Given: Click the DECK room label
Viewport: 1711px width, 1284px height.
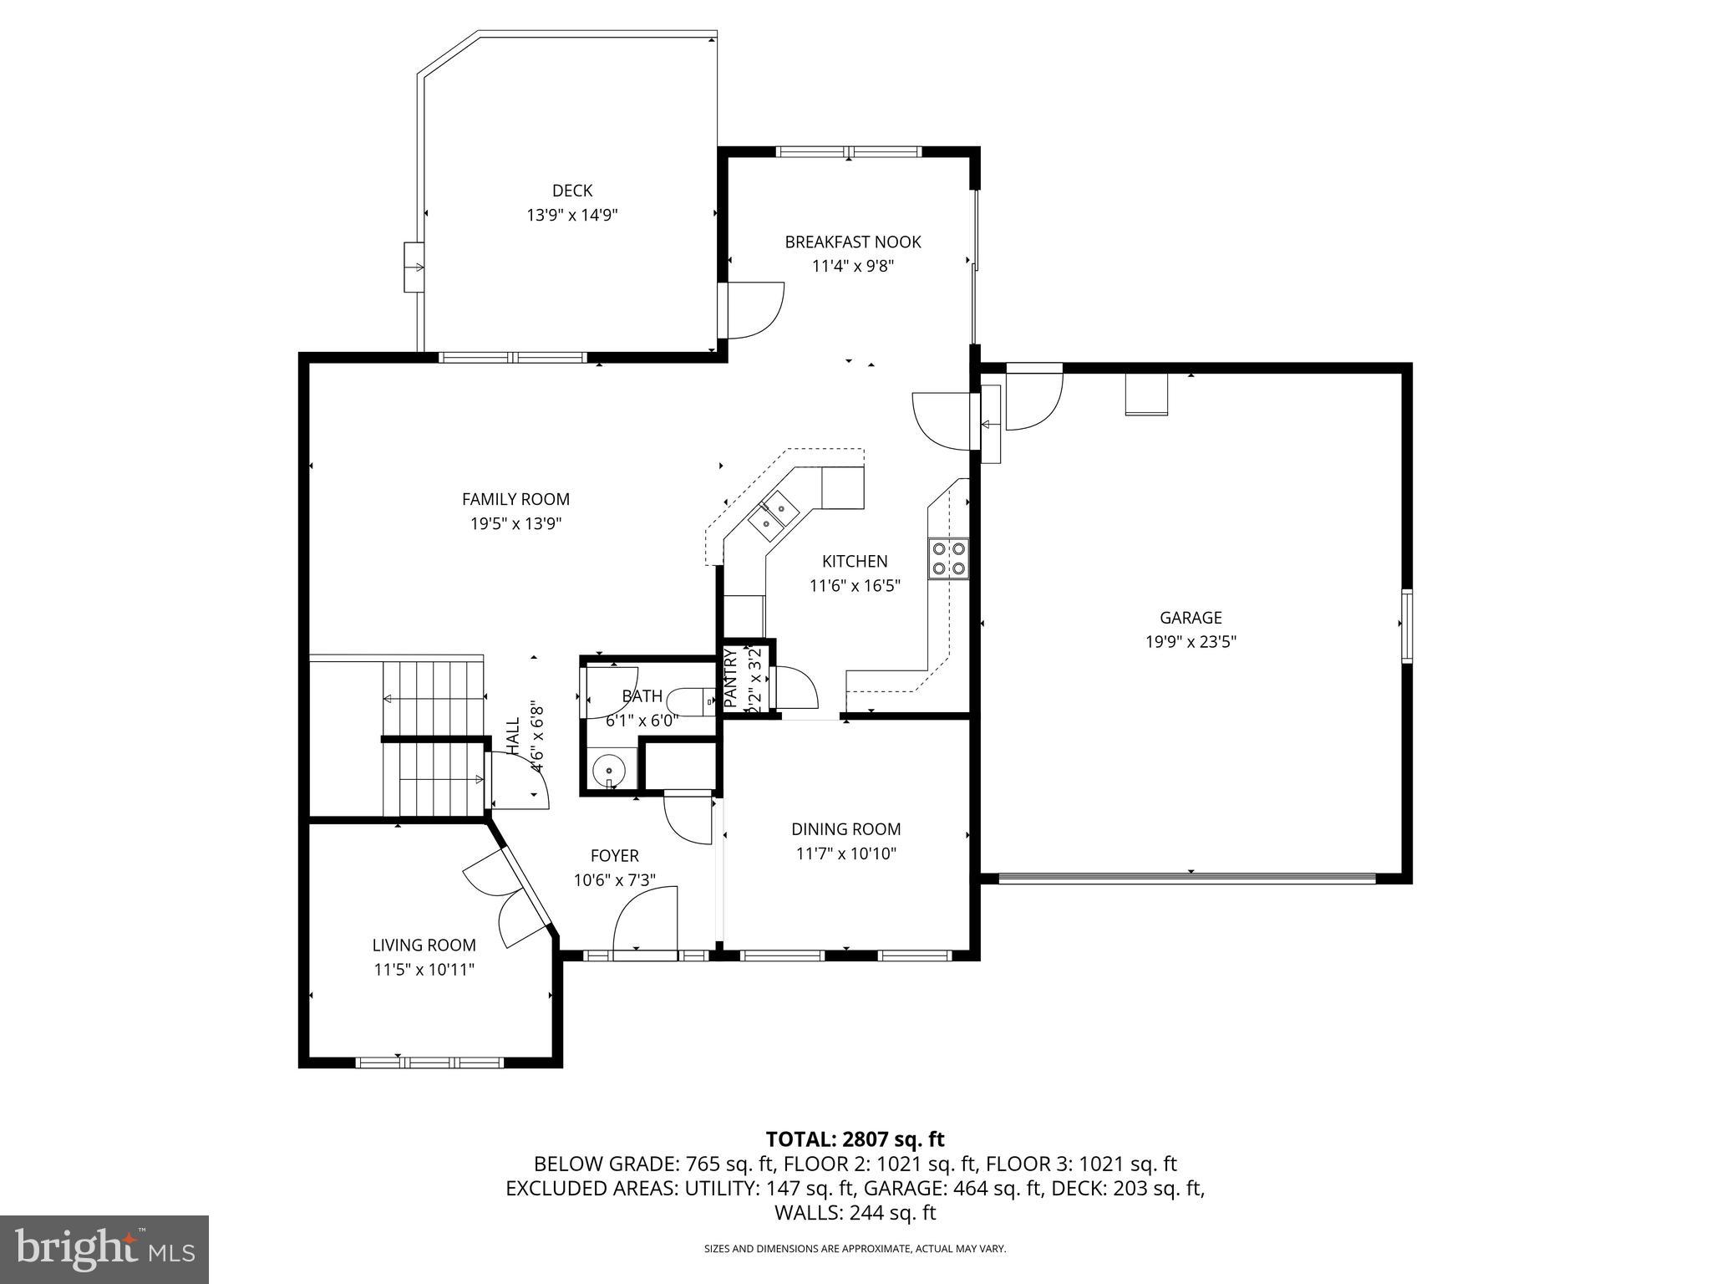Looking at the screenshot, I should [x=572, y=191].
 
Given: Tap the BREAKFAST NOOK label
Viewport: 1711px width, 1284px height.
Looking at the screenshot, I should [x=852, y=242].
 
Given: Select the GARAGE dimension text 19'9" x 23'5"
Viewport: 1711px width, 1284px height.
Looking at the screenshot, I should [x=1191, y=642].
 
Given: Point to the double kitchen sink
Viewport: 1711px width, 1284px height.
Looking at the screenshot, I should [x=774, y=516].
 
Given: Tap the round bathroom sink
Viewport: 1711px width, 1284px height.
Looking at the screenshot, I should [x=611, y=770].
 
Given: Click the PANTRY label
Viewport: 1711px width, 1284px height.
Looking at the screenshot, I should [x=729, y=679].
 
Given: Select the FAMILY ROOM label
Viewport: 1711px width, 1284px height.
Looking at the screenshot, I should [x=515, y=499].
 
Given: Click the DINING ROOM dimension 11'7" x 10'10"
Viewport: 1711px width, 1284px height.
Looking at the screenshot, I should [x=845, y=853].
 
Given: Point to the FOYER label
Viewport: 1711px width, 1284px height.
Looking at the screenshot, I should [x=614, y=856].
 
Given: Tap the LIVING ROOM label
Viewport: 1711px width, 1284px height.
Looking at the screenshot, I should [x=424, y=945].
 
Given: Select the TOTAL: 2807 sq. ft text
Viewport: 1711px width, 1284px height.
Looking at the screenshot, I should [x=855, y=1139].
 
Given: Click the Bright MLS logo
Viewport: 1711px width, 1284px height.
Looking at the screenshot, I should [x=104, y=1250].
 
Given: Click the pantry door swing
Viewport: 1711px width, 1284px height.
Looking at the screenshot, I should [x=796, y=687].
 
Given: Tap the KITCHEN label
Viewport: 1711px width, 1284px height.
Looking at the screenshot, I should [x=855, y=562].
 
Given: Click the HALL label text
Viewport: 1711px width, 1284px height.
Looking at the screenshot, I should [x=512, y=736].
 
